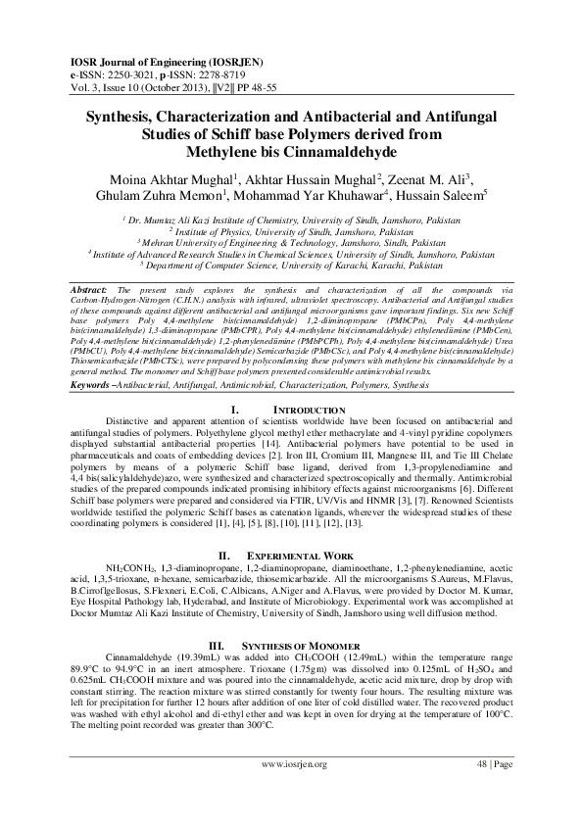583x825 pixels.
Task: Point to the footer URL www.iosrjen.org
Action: [291, 789]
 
